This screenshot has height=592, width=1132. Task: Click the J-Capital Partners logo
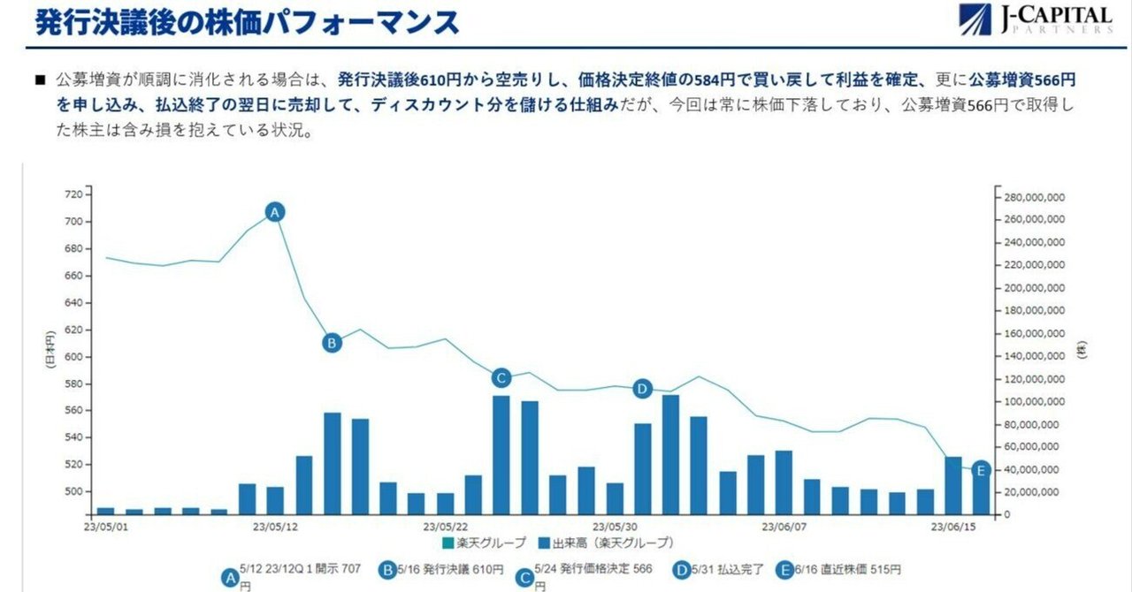pos(1034,19)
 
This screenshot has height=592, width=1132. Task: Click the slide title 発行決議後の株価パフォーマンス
pos(247,21)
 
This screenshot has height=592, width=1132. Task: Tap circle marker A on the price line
pos(274,212)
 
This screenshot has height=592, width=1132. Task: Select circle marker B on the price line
pos(331,343)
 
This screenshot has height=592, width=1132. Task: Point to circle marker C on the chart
pos(501,378)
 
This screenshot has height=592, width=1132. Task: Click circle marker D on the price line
pos(642,389)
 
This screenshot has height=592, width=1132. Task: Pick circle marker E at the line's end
pos(980,470)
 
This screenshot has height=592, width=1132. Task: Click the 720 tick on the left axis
pos(73,194)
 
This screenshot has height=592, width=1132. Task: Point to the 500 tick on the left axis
pos(73,491)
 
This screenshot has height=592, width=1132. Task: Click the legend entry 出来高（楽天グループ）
pos(607,542)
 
